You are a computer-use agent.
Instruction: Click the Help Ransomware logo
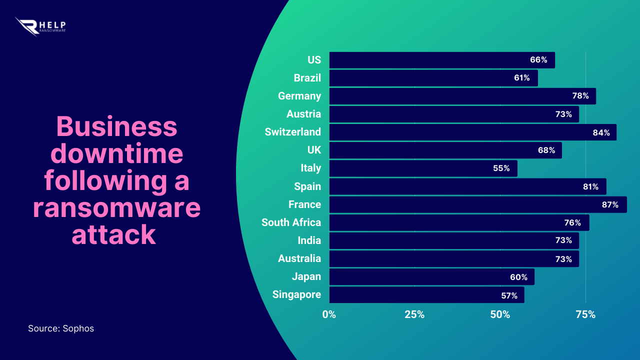click(x=40, y=26)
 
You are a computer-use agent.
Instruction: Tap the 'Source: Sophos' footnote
click(x=61, y=328)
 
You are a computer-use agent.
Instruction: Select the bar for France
click(x=477, y=204)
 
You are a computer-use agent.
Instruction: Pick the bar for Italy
click(x=423, y=168)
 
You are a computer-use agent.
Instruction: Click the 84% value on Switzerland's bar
click(x=601, y=132)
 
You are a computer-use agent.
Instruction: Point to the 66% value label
click(x=538, y=60)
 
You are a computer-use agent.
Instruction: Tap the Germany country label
click(x=299, y=96)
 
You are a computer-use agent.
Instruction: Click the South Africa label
click(x=291, y=222)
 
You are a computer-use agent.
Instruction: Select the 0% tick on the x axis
click(x=329, y=314)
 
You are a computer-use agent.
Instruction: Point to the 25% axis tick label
click(x=414, y=314)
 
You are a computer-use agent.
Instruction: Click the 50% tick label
click(x=500, y=314)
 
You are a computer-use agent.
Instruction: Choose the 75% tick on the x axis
click(x=585, y=314)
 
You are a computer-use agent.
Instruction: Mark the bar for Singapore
click(x=426, y=295)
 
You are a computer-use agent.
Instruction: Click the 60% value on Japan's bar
click(x=518, y=277)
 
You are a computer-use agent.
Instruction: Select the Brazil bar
click(x=433, y=78)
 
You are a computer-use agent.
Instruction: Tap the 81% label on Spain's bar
click(x=590, y=186)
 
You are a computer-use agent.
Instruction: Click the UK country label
click(x=314, y=150)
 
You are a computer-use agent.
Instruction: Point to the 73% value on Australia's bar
click(x=563, y=259)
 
